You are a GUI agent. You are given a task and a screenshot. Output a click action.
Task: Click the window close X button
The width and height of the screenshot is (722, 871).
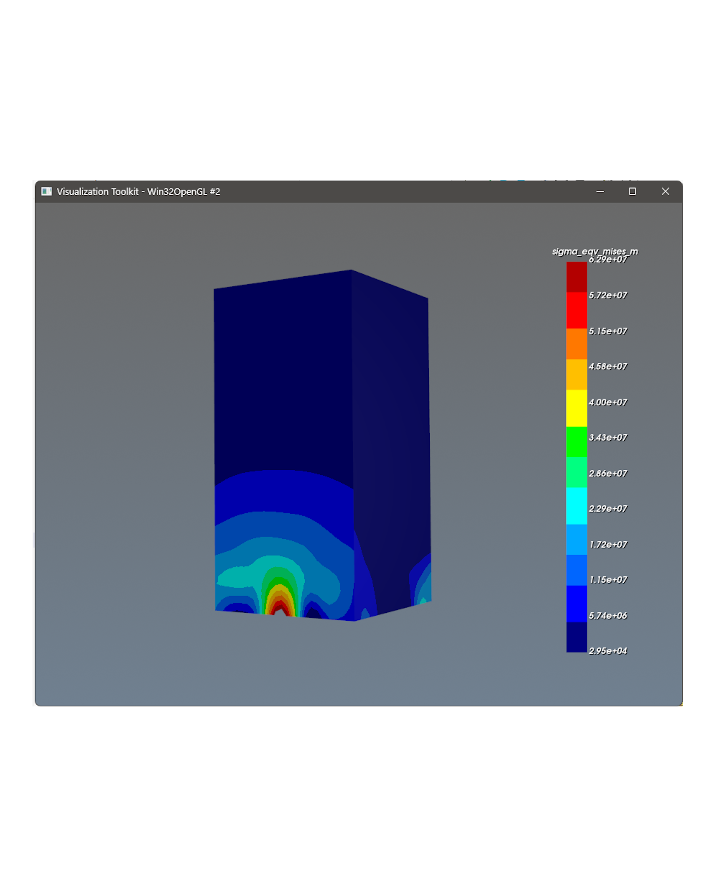[x=665, y=191]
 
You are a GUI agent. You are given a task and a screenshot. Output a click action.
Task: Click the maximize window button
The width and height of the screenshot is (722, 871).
[x=632, y=191]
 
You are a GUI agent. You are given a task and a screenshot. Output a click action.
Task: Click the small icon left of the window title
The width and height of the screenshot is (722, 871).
[x=47, y=191]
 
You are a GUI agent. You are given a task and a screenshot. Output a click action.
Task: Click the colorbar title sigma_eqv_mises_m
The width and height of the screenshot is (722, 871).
[x=595, y=251]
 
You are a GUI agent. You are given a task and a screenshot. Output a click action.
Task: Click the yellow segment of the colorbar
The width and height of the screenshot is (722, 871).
[x=576, y=408]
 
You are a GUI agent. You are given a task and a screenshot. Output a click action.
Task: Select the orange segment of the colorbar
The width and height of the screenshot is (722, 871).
[x=576, y=343]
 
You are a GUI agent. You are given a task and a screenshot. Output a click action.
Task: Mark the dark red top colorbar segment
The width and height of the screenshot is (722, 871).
[x=576, y=277]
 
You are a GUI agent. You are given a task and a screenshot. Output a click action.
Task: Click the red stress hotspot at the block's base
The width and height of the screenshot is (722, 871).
[x=281, y=609]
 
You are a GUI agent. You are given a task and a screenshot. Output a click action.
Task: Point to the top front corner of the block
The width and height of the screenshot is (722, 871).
[x=351, y=270]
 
